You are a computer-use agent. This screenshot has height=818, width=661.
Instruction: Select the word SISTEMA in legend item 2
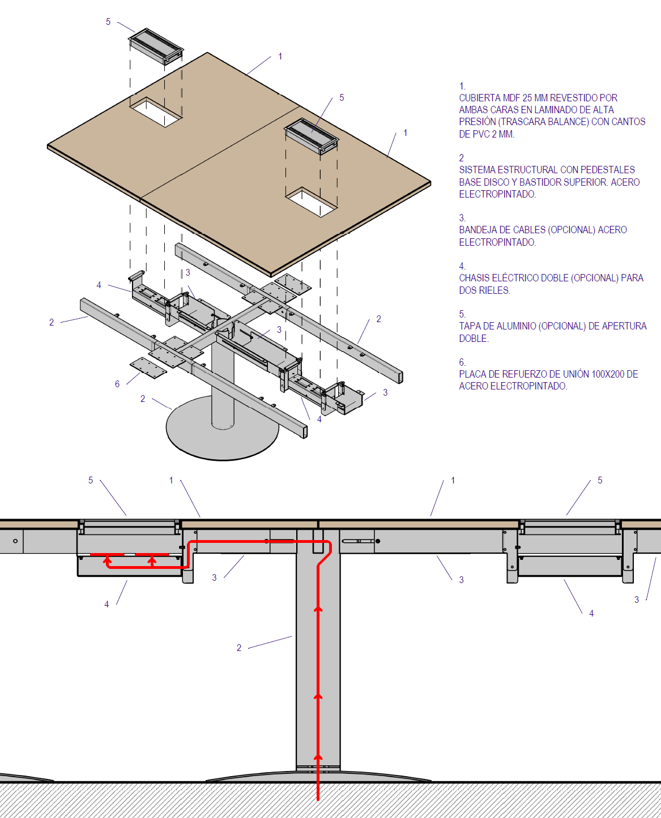477,170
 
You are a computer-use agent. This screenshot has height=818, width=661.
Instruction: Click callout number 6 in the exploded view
117,384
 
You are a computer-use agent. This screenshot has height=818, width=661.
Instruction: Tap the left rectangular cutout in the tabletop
156,112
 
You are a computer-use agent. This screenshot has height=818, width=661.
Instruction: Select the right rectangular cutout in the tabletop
311,202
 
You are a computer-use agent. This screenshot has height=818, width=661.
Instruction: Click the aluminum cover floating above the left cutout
156,45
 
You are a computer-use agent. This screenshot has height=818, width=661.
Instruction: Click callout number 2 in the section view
239,648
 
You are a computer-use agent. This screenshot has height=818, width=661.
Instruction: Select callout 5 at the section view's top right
600,480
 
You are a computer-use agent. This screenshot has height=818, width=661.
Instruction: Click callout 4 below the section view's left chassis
106,604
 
